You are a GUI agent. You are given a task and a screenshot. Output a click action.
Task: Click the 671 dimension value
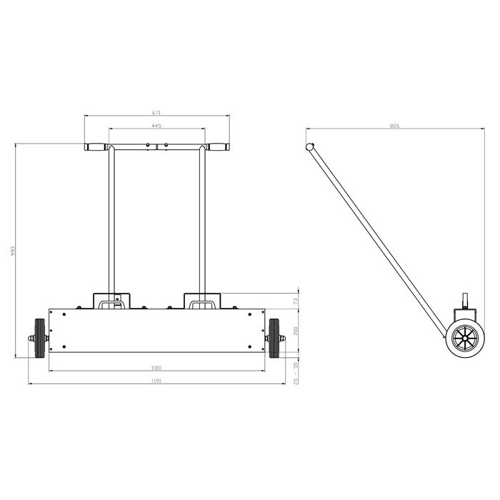157,113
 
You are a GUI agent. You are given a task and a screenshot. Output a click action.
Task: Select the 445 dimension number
157,126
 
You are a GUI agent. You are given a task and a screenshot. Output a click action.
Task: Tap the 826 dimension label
394,126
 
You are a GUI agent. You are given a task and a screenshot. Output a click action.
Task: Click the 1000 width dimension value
156,368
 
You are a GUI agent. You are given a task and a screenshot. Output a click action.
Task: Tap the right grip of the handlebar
219,149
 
